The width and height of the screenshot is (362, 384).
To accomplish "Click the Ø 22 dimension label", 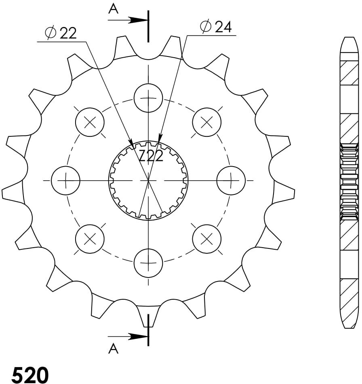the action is [x=61, y=33].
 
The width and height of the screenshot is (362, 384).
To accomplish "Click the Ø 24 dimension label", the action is [x=216, y=27].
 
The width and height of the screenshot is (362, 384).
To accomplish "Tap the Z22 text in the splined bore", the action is [x=151, y=156].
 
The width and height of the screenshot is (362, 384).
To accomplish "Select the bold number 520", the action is [x=30, y=375].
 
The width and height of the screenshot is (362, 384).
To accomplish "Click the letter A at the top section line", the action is [x=113, y=9].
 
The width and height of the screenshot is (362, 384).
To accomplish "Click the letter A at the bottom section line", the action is [x=113, y=349].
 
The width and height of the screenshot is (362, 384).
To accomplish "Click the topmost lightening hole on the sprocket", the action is [x=148, y=98].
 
